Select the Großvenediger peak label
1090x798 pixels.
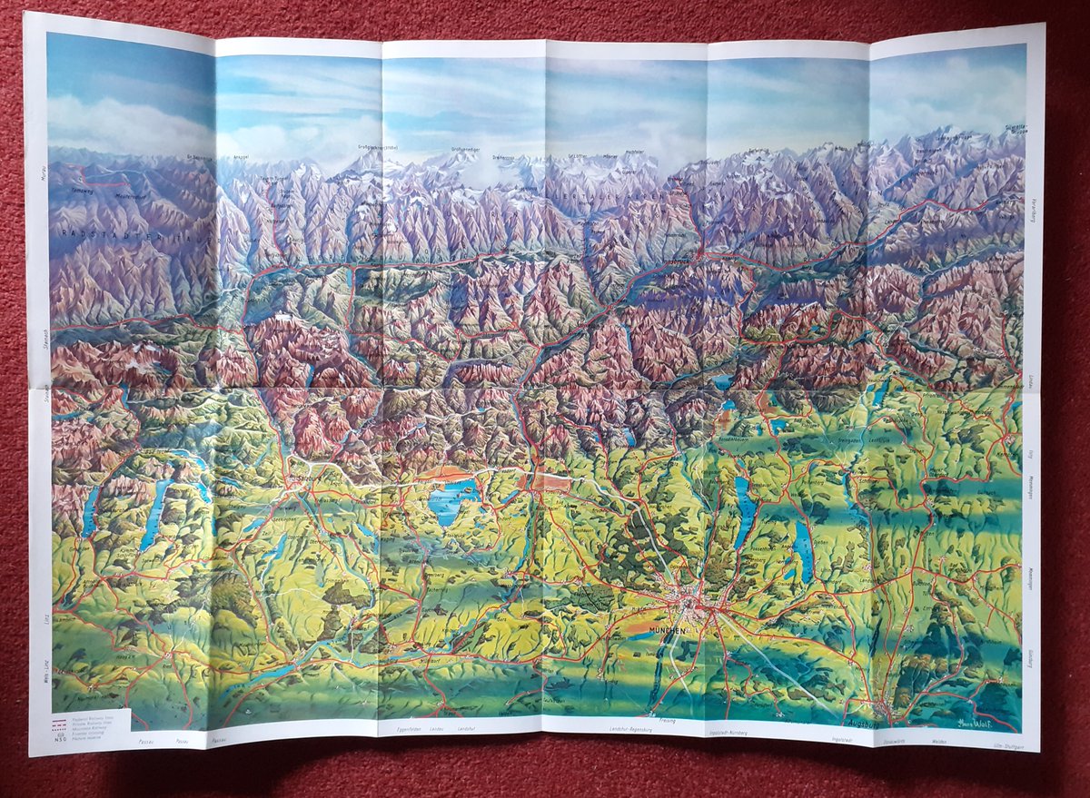click(x=465, y=150)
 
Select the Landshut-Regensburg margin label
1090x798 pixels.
click(x=628, y=731)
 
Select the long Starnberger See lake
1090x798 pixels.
click(x=746, y=511)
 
